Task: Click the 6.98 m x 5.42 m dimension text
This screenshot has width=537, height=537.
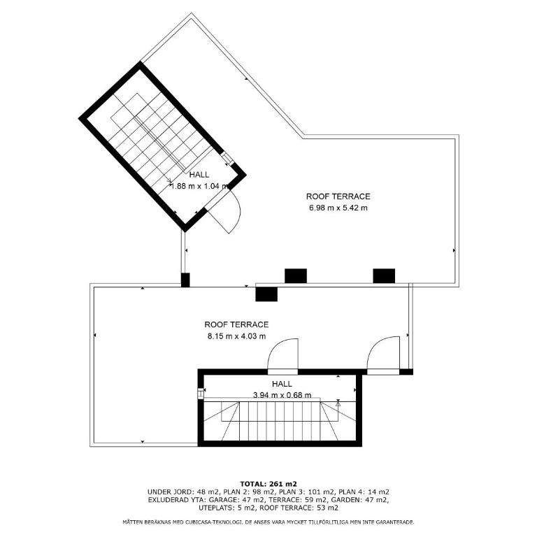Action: pyautogui.click(x=338, y=208)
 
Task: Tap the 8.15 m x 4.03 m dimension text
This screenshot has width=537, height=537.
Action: pyautogui.click(x=236, y=336)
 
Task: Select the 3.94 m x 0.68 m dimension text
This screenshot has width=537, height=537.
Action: pyautogui.click(x=282, y=395)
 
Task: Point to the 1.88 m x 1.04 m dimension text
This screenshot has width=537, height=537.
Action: pyautogui.click(x=200, y=186)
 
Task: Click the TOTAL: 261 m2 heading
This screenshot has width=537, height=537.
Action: pyautogui.click(x=268, y=484)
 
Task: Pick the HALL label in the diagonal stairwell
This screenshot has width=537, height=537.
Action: pyautogui.click(x=199, y=175)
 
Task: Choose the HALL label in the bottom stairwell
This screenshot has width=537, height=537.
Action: pyautogui.click(x=282, y=384)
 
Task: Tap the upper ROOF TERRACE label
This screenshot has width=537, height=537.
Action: pyautogui.click(x=338, y=196)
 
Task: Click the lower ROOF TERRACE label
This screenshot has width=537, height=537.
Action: pyautogui.click(x=236, y=324)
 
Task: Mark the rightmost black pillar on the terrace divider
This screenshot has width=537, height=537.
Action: pyautogui.click(x=384, y=276)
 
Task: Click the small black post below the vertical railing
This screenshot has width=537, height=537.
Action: pyautogui.click(x=185, y=280)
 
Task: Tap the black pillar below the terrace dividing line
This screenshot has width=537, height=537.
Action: pyautogui.click(x=266, y=294)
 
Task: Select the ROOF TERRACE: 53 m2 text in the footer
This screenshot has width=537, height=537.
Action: pyautogui.click(x=299, y=508)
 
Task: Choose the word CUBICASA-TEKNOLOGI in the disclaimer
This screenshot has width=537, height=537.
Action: pyautogui.click(x=214, y=522)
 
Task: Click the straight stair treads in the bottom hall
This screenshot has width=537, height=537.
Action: pyautogui.click(x=280, y=421)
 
